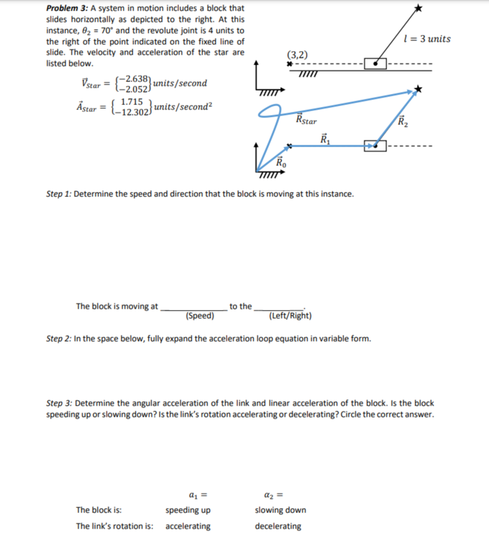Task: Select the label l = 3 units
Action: tap(426, 39)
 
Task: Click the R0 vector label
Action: tap(281, 164)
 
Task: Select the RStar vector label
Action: tap(306, 119)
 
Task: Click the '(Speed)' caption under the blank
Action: tap(200, 316)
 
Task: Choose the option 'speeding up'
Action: tap(188, 510)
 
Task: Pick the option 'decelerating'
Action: tap(278, 526)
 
